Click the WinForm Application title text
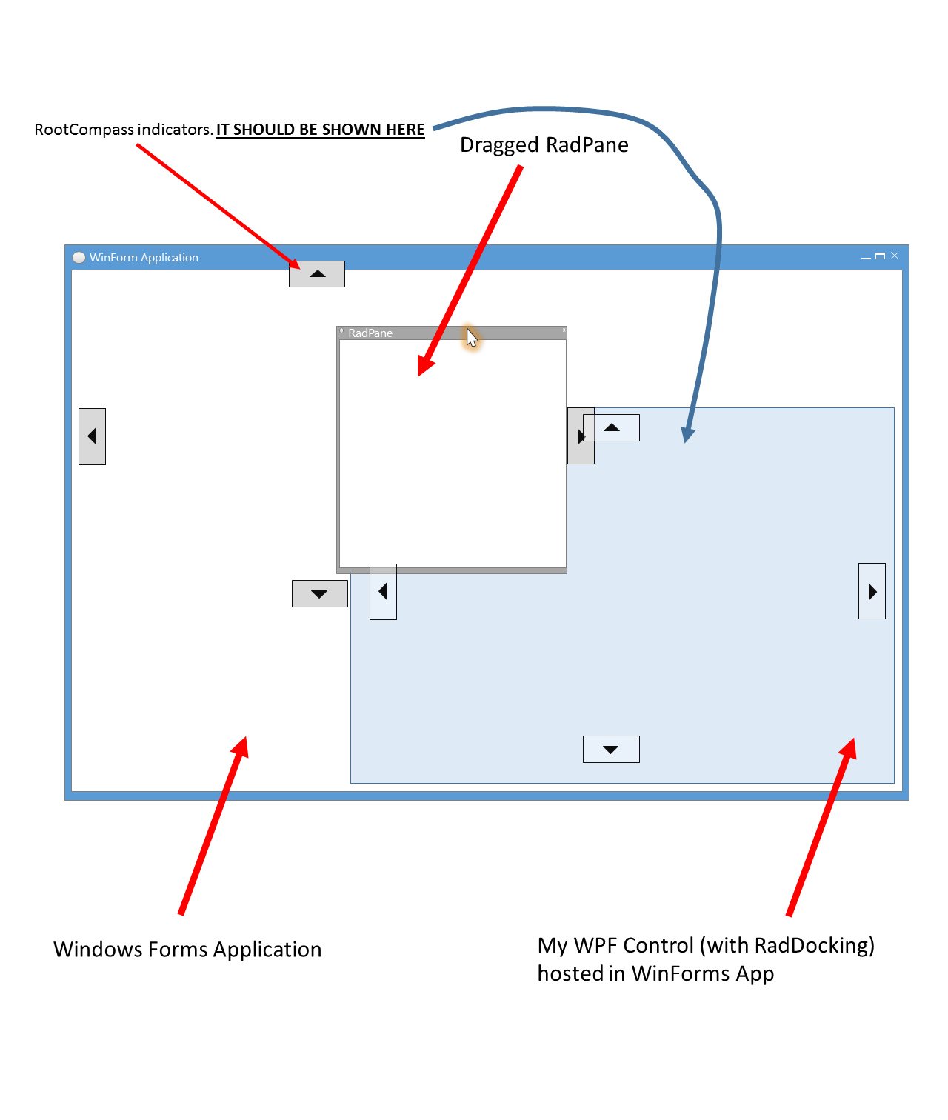pos(144,257)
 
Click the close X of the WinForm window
pos(895,256)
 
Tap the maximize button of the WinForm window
pos(881,256)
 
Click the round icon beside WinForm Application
pos(79,257)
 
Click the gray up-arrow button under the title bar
pos(317,274)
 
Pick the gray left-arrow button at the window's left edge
pos(92,437)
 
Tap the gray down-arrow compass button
pos(320,594)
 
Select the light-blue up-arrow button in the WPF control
pos(611,428)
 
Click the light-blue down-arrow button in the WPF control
pos(611,750)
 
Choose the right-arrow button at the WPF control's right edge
pos(872,591)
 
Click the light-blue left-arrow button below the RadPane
pos(383,592)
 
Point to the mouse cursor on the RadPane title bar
pos(472,338)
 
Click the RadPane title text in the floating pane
pos(370,333)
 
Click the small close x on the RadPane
pos(564,330)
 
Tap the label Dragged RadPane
pos(544,145)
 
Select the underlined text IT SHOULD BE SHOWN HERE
pos(320,130)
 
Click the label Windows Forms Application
pos(187,950)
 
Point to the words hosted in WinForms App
pos(655,973)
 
